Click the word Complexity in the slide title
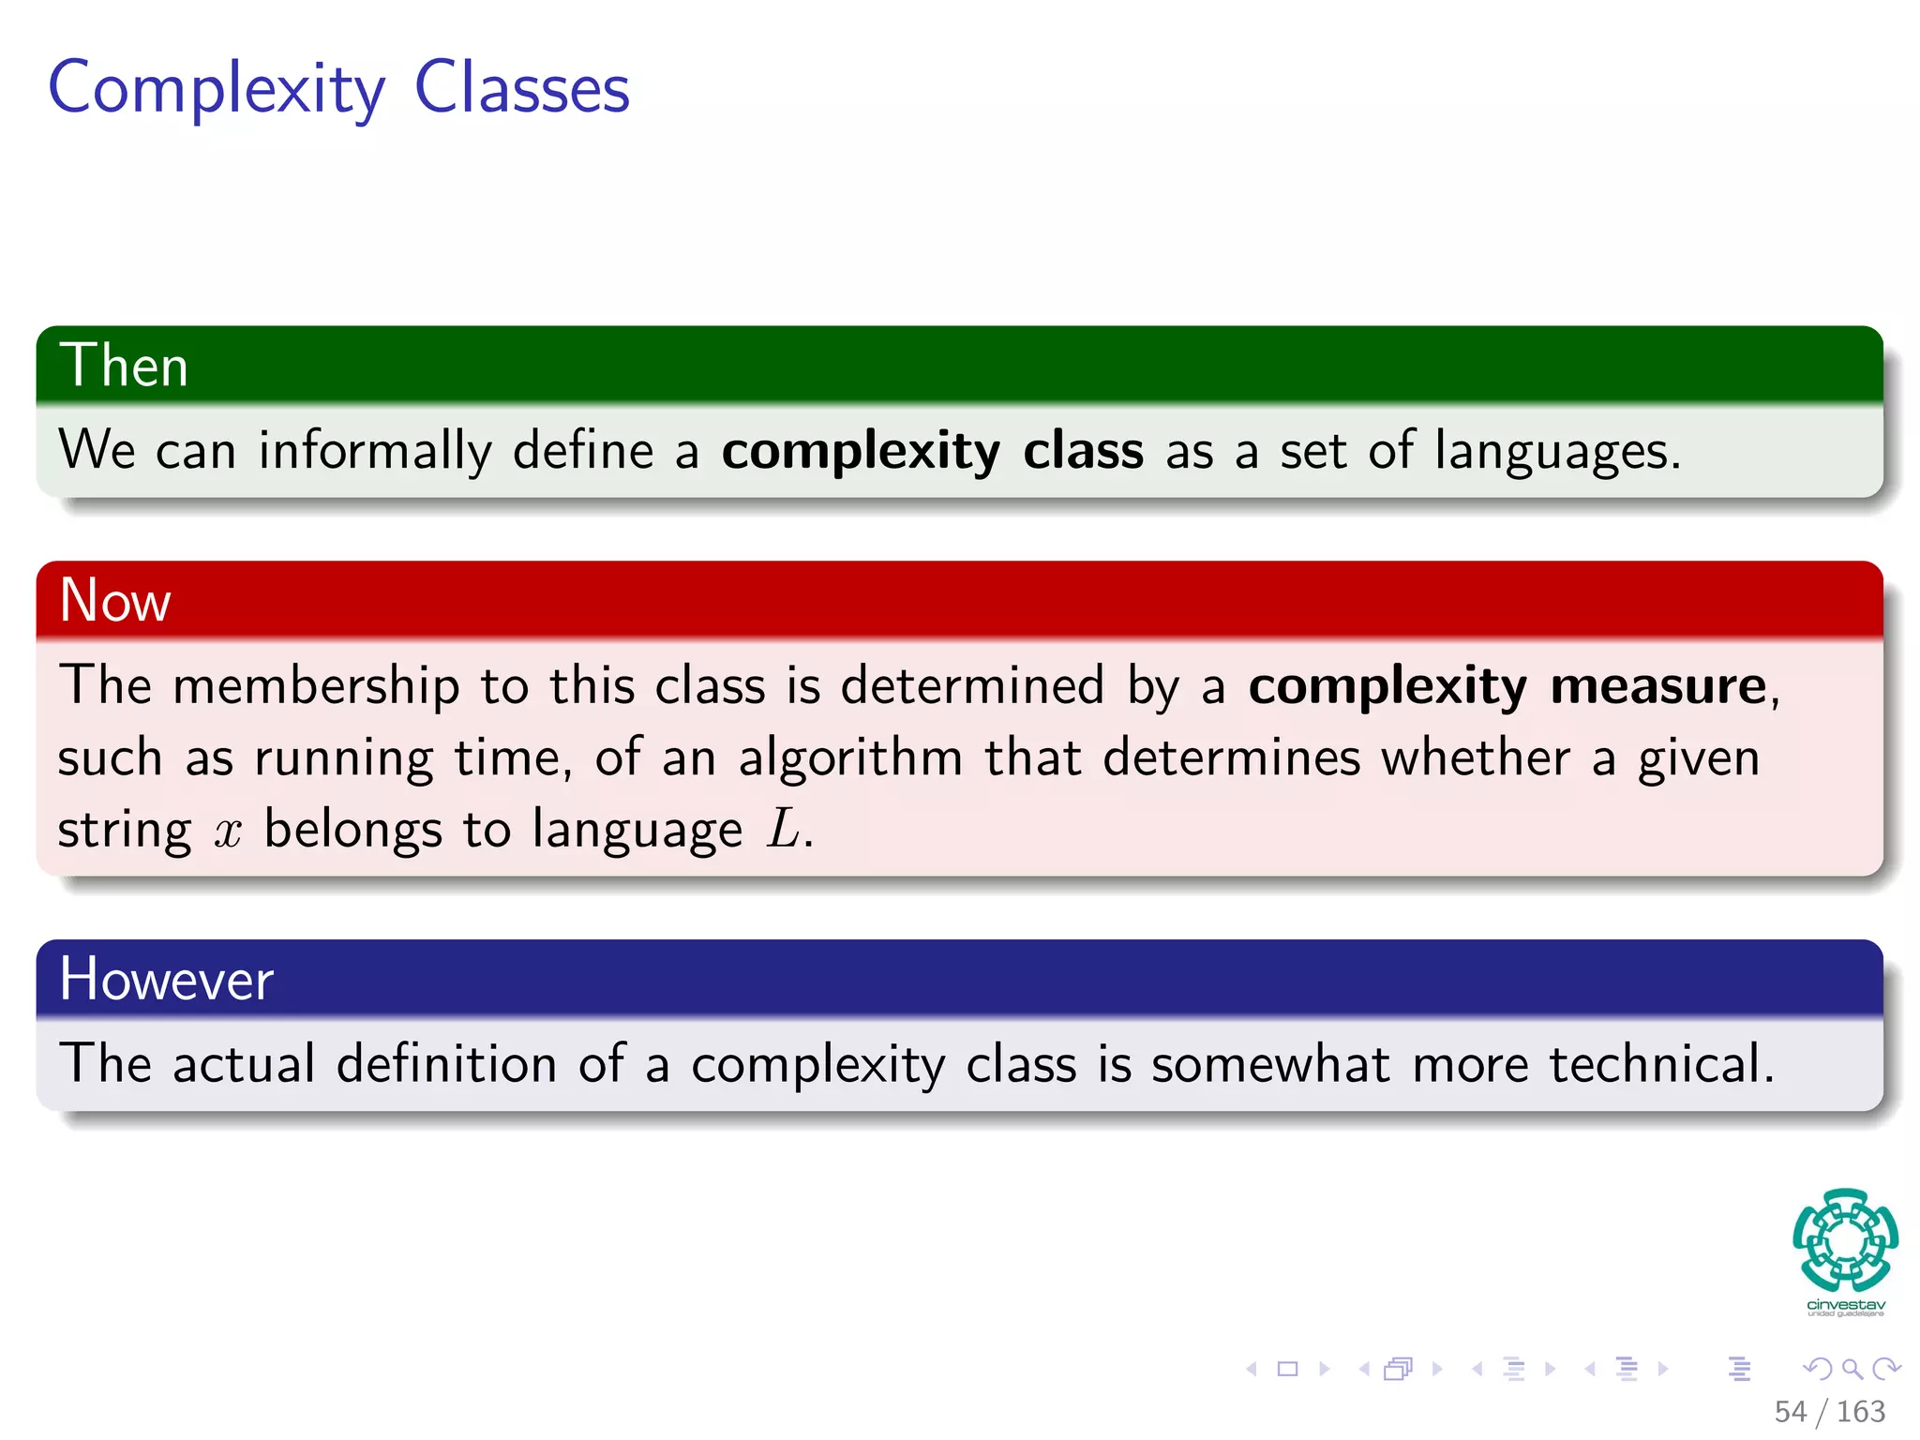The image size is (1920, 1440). click(217, 89)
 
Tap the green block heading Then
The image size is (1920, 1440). click(124, 366)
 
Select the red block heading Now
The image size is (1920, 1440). click(114, 600)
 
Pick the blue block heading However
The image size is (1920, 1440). click(166, 980)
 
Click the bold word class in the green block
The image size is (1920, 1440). click(1083, 451)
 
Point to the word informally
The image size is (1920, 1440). click(374, 451)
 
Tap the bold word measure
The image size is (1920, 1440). click(1657, 685)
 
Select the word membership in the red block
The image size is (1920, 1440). click(316, 685)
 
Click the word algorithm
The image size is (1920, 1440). click(850, 757)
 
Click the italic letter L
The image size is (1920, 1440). click(784, 830)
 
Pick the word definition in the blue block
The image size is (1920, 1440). click(446, 1064)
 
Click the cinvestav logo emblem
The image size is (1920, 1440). click(1845, 1240)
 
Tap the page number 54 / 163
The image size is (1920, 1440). click(1829, 1411)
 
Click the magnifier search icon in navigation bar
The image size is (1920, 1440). click(1852, 1370)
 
